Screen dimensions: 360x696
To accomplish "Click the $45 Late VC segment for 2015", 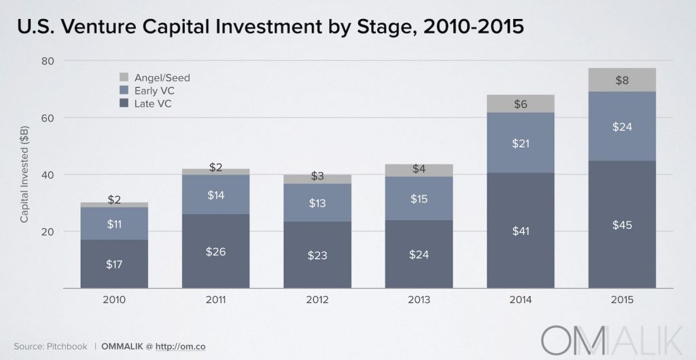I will (622, 224).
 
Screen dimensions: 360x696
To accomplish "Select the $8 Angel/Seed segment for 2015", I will (622, 79).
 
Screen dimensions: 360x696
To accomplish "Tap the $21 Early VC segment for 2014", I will (521, 143).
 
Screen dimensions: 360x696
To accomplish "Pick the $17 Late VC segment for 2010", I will (114, 264).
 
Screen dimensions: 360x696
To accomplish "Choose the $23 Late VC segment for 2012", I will (317, 255).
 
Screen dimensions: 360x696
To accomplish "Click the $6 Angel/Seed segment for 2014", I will (521, 104).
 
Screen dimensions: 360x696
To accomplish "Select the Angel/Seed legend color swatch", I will (124, 77).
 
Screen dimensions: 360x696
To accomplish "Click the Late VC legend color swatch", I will (124, 103).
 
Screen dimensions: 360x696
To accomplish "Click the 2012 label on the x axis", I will (317, 299).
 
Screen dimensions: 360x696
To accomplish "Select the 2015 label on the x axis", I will (622, 299).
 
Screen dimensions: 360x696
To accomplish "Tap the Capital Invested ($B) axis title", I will (24, 175).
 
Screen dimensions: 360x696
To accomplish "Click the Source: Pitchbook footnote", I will (50, 346).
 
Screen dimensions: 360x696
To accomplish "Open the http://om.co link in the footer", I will (181, 346).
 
